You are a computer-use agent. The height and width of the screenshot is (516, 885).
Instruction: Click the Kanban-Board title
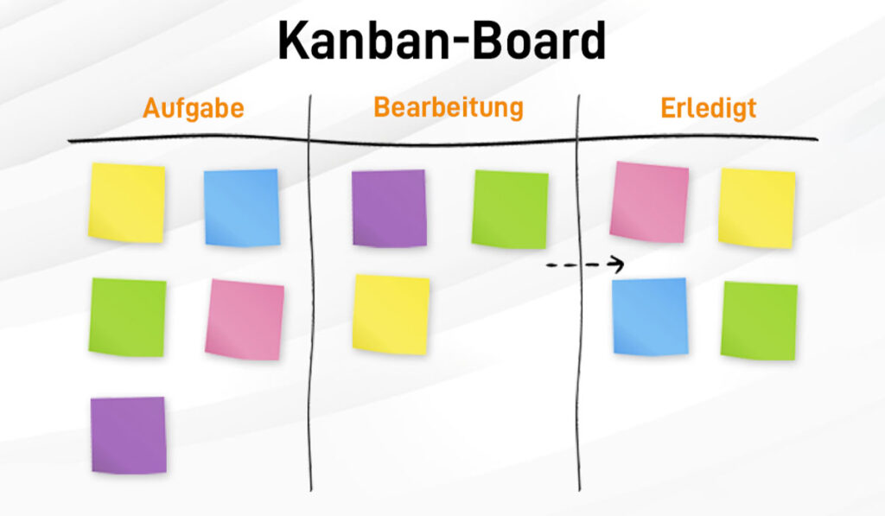442,41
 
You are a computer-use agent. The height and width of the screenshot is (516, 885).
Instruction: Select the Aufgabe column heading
193,108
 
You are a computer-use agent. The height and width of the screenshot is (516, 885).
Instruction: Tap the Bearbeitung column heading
449,107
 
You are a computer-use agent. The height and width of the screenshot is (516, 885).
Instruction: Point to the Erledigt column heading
709,108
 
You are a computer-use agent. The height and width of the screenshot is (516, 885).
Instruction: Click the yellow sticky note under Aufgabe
127,202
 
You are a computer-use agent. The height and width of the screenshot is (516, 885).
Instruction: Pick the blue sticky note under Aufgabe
242,207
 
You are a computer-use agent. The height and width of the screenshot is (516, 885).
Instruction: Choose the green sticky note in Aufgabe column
128,317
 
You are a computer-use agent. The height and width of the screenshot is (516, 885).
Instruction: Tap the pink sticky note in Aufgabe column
245,320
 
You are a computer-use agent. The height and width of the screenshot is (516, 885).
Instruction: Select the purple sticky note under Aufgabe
129,435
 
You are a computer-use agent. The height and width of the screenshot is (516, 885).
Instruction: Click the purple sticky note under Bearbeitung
390,208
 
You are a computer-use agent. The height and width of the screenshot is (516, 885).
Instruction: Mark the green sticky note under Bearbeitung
510,209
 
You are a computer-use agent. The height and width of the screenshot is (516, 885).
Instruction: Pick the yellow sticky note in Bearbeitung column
392,315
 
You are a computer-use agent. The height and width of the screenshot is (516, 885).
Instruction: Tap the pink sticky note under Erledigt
649,202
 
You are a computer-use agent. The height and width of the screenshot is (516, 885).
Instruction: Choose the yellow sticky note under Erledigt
757,207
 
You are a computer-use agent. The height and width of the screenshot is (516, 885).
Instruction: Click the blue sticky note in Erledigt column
650,316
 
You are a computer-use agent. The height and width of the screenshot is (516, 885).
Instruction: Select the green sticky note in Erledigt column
759,321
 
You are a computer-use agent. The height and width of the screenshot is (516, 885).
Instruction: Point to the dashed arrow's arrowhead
619,264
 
